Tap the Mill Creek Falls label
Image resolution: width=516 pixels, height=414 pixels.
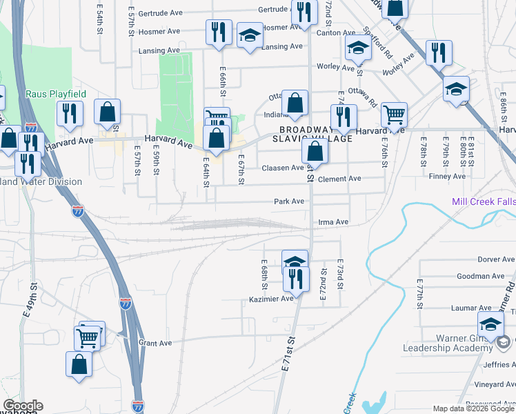[483, 201]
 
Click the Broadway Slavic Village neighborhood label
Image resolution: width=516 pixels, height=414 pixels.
[316, 134]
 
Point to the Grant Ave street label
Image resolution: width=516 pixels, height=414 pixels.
[155, 342]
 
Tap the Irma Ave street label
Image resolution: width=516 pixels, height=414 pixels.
[333, 222]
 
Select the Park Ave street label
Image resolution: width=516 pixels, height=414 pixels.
[289, 201]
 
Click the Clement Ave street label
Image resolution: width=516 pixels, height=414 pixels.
[344, 179]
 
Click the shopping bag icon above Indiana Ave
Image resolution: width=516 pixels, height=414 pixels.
[295, 103]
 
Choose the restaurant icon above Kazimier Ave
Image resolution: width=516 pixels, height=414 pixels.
[296, 278]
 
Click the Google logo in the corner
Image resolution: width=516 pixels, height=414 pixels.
[23, 406]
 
